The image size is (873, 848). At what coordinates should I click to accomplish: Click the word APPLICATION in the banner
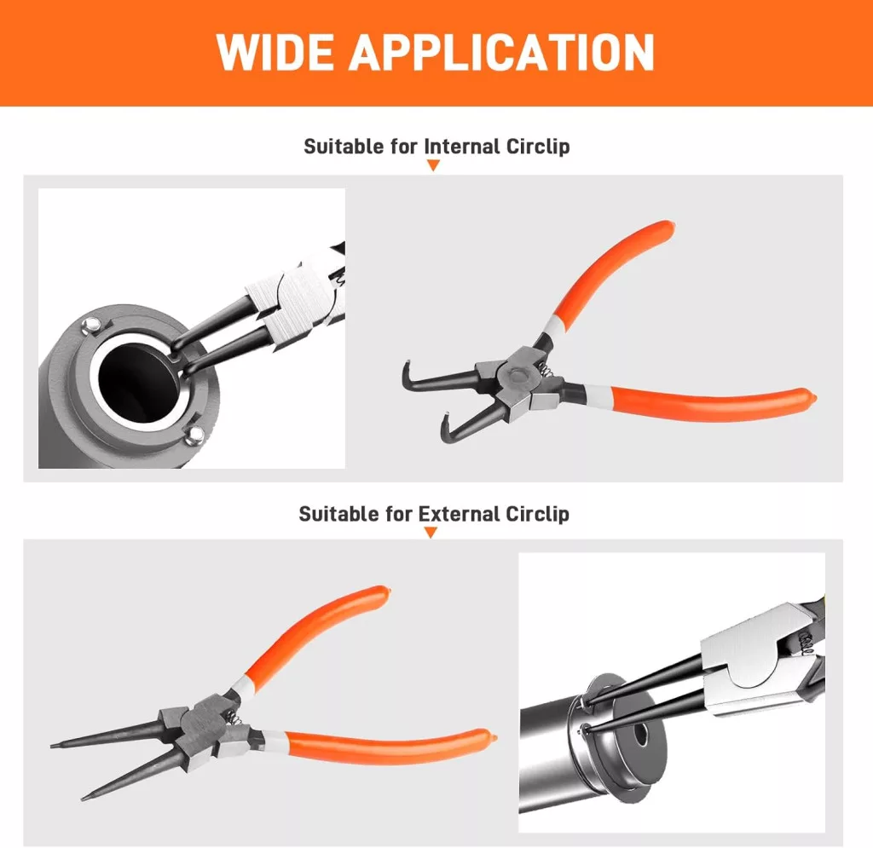pyautogui.click(x=501, y=52)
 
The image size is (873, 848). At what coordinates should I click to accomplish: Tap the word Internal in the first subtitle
pyautogui.click(x=462, y=147)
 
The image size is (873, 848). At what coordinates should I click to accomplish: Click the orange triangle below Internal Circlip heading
pyautogui.click(x=433, y=165)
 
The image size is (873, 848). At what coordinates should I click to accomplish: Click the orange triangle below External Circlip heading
pyautogui.click(x=431, y=533)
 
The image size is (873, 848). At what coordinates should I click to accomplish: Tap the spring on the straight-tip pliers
pyautogui.click(x=235, y=718)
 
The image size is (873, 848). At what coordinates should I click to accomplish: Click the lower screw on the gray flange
pyautogui.click(x=194, y=435)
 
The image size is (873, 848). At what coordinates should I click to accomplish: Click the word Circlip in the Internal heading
pyautogui.click(x=538, y=147)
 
